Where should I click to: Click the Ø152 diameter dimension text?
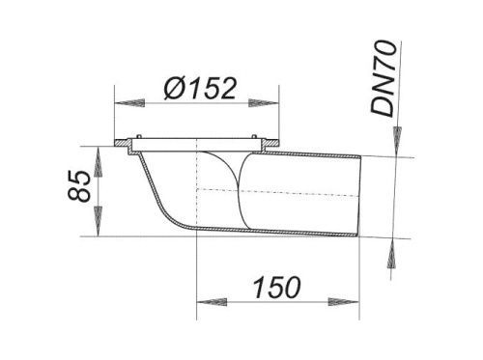coord(200,88)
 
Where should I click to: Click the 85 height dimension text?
coord(79,185)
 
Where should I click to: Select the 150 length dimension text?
coord(277,287)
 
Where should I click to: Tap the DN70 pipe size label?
coord(384,77)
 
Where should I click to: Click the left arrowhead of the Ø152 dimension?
coord(129,103)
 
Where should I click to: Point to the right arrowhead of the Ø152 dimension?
coord(263,103)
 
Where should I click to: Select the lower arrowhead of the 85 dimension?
coord(98,221)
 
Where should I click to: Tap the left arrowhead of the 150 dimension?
coord(212,302)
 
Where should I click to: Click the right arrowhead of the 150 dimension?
coord(343,302)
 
